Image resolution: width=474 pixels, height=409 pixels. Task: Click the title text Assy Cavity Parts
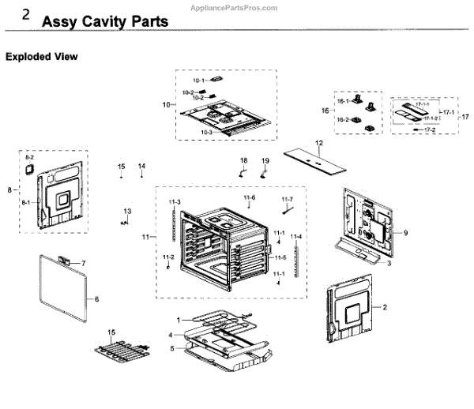pyautogui.click(x=104, y=21)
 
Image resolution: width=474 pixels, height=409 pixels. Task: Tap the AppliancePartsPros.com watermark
pyautogui.click(x=235, y=6)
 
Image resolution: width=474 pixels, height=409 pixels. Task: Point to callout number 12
pyautogui.click(x=319, y=143)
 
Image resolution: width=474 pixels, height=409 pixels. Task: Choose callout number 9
pyautogui.click(x=404, y=233)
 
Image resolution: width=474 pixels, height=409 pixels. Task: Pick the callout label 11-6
pyautogui.click(x=250, y=197)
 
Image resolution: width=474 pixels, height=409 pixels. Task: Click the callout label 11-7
pyautogui.click(x=287, y=199)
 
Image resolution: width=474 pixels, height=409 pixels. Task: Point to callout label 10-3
pyautogui.click(x=206, y=133)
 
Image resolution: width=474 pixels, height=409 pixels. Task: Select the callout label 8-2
pyautogui.click(x=30, y=159)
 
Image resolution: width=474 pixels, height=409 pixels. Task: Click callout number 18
pyautogui.click(x=243, y=160)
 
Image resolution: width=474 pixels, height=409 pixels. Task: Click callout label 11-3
pyautogui.click(x=175, y=203)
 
